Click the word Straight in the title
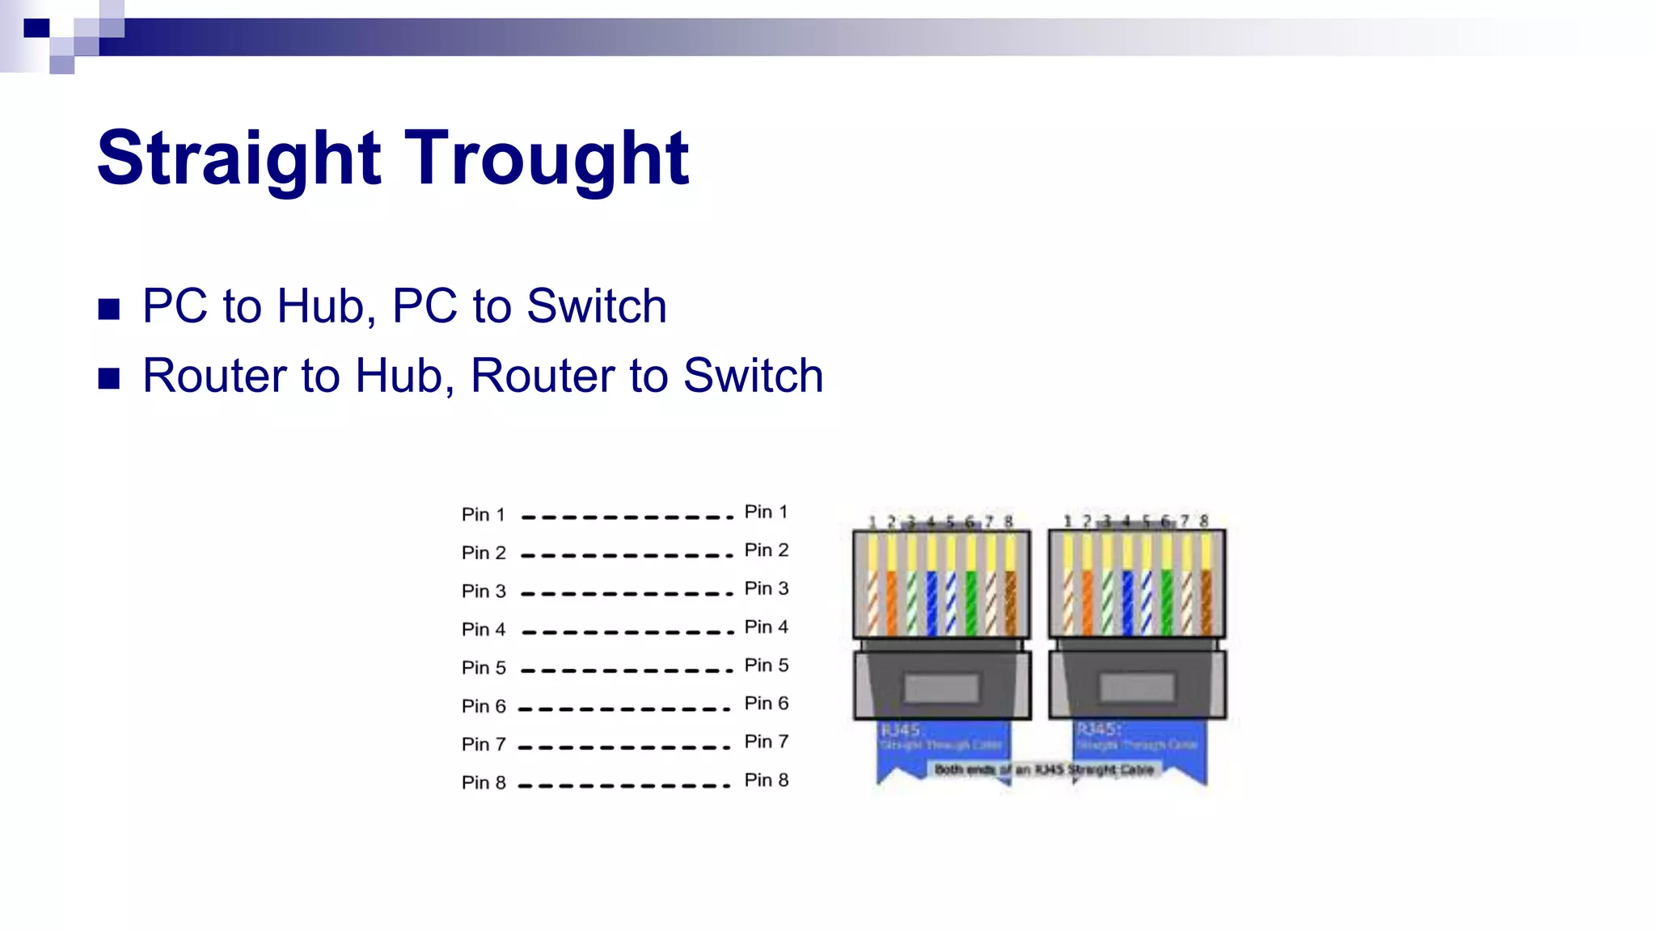click(239, 158)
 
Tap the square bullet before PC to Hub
click(109, 309)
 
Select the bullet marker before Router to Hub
click(109, 378)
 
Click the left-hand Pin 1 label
click(483, 515)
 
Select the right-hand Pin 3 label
click(766, 588)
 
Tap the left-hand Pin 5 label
click(483, 668)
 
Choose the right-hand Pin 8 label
click(766, 780)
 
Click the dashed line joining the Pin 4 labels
click(627, 632)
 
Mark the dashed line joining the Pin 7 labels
click(624, 747)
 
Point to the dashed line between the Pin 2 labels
click(627, 555)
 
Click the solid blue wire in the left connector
click(931, 602)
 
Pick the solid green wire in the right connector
click(1166, 602)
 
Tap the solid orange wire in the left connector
click(892, 602)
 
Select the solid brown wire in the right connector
click(1206, 602)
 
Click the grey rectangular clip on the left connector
click(942, 689)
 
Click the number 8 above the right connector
click(1204, 520)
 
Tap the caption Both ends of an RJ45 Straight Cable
click(1044, 769)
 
